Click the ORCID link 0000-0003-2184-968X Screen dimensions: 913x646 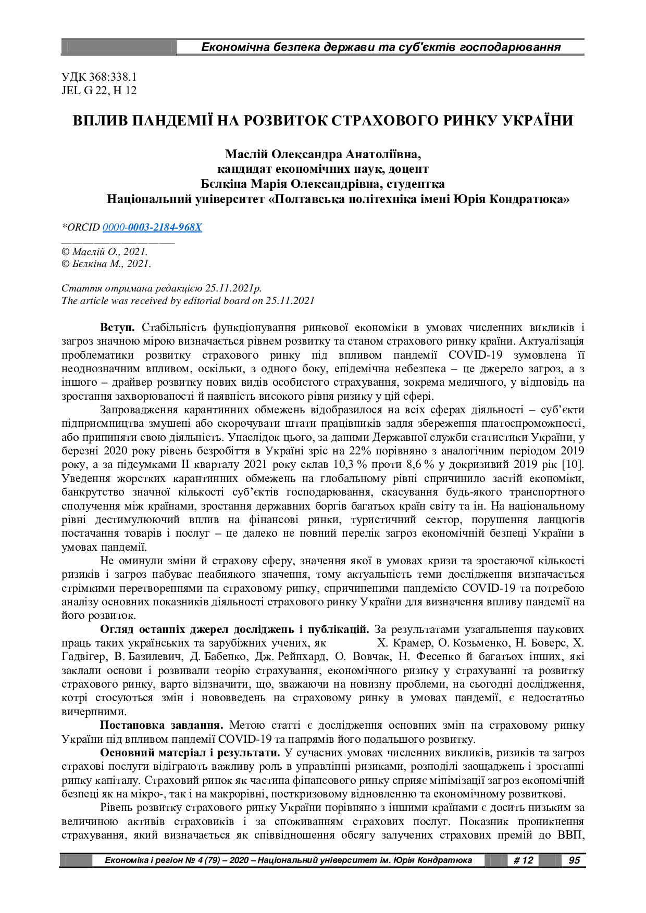click(152, 227)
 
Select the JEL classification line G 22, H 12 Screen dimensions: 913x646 click(99, 91)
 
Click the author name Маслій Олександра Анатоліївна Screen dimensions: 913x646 click(322, 155)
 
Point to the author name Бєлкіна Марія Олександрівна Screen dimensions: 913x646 click(292, 184)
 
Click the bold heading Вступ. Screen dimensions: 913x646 click(117, 328)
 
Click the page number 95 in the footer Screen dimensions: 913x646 click(574, 860)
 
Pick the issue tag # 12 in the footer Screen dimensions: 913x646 click(523, 860)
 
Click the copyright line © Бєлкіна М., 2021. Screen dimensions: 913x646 click(106, 264)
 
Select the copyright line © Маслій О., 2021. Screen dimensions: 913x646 click(105, 251)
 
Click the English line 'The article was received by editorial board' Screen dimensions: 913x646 click(188, 301)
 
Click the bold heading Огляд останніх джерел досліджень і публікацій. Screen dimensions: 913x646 click(234, 630)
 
